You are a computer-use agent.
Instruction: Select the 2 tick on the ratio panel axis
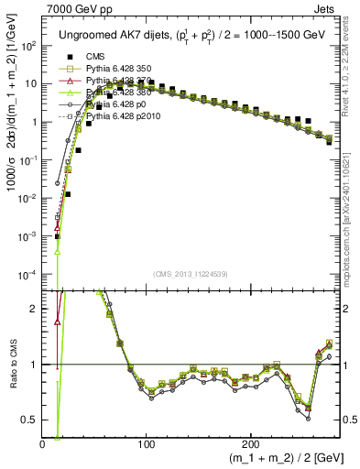point(35,309)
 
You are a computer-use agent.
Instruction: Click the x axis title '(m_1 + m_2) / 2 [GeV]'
point(281,458)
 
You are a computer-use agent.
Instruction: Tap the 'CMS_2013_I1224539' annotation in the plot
point(191,274)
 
